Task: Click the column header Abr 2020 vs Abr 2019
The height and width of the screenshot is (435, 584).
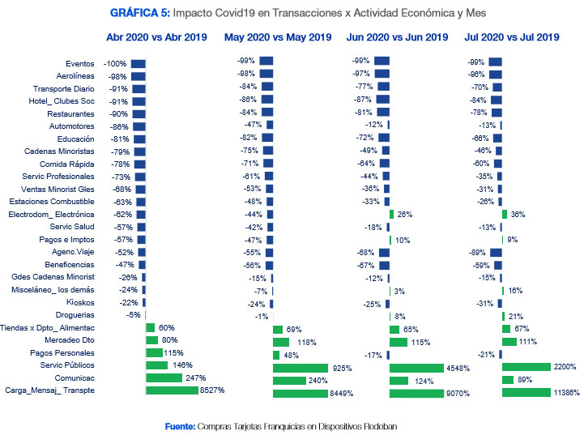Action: pyautogui.click(x=156, y=37)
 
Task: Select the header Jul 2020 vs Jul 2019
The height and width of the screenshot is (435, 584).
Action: pyautogui.click(x=512, y=37)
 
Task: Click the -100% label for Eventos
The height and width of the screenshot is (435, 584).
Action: pyautogui.click(x=115, y=64)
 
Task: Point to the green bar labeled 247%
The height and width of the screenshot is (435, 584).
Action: pyautogui.click(x=164, y=377)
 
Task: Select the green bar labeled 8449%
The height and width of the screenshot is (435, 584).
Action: pyautogui.click(x=300, y=393)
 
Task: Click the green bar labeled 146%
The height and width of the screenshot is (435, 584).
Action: pyautogui.click(x=156, y=365)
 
